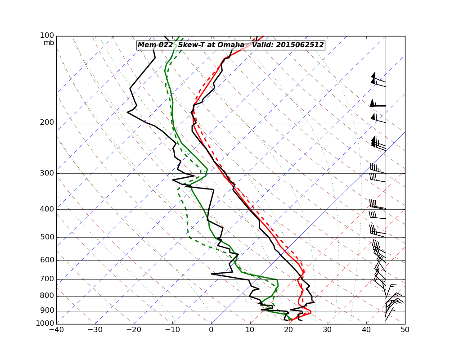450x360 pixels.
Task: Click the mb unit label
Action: (x=49, y=43)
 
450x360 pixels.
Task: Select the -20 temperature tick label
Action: (x=133, y=329)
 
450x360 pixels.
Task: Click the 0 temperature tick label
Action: (x=211, y=329)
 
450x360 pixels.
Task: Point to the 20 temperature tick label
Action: (x=288, y=329)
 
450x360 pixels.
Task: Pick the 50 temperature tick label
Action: (x=405, y=329)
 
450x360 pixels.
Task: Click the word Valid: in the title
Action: (x=263, y=45)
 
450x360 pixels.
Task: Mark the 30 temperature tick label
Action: (x=327, y=329)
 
